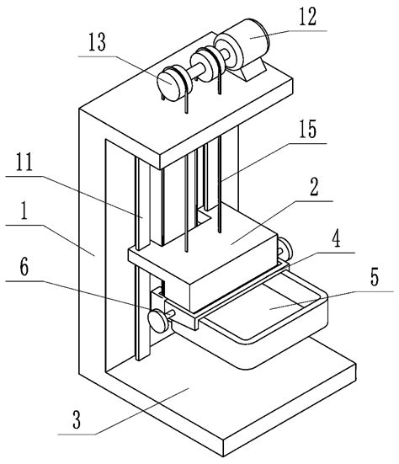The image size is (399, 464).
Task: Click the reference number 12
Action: [308, 17]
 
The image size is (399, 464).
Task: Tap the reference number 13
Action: [97, 42]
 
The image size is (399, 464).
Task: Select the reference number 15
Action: [307, 129]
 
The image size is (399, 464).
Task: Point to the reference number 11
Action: [24, 162]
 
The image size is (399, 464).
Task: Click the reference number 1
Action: [24, 211]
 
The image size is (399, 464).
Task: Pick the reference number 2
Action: [314, 187]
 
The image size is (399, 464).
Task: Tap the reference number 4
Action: [337, 239]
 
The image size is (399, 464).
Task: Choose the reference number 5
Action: [375, 277]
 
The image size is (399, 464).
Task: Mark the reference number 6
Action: [24, 266]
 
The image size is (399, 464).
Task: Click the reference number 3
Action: [77, 419]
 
